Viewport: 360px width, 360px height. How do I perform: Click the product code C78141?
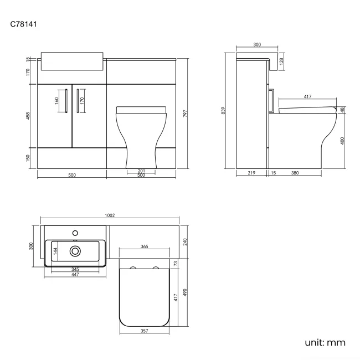(x=23, y=24)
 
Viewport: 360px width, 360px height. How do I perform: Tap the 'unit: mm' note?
(x=325, y=343)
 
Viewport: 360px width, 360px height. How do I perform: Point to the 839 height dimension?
(x=223, y=110)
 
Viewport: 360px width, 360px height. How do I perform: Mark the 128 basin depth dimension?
(x=281, y=62)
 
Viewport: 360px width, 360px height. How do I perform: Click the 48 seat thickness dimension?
(x=343, y=110)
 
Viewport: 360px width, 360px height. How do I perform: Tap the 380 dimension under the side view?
(x=295, y=173)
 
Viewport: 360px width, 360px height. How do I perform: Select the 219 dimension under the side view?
(x=251, y=173)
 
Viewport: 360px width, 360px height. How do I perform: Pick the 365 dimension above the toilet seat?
(x=144, y=246)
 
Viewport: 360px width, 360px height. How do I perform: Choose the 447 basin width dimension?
(x=74, y=275)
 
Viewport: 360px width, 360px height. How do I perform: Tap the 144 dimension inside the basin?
(x=55, y=251)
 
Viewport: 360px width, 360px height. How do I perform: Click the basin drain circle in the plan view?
(x=75, y=251)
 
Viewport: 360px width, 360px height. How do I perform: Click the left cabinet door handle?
(x=66, y=101)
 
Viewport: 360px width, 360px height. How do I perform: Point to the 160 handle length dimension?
(x=57, y=101)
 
